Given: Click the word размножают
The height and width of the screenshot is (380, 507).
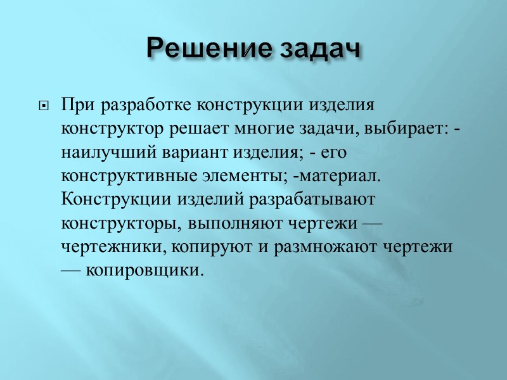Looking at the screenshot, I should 320,246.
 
